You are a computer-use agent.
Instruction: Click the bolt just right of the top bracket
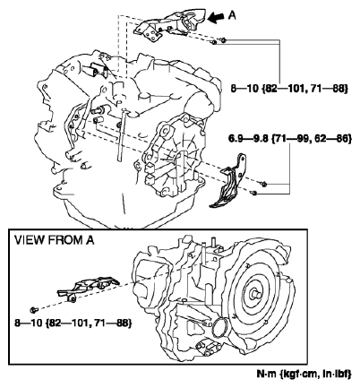point(222,40)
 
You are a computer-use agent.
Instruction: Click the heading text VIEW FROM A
point(56,239)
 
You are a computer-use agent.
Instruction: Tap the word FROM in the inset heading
point(70,239)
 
